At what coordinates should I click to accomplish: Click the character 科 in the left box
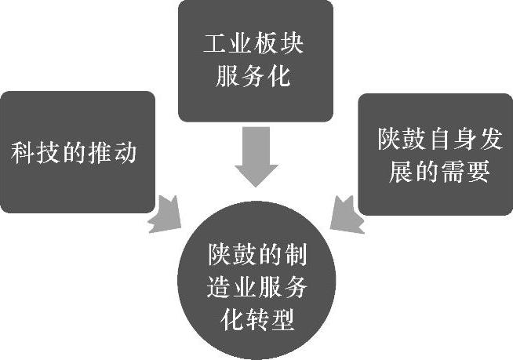[23, 152]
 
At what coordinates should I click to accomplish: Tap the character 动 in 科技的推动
[126, 152]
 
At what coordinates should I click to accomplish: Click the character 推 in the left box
[100, 152]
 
